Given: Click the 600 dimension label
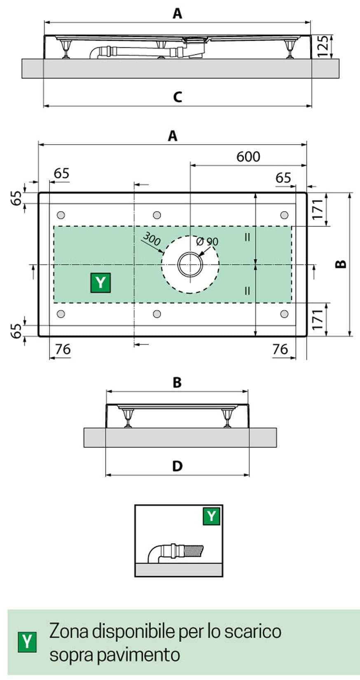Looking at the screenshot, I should (x=248, y=157).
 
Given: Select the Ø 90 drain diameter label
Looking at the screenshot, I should (x=207, y=241).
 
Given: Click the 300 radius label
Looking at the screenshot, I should (x=151, y=239).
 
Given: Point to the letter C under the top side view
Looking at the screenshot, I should (x=177, y=97).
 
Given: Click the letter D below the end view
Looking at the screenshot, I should (x=177, y=466).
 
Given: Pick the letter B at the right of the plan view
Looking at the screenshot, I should (x=341, y=264).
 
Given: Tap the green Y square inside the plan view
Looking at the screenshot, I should (x=101, y=283).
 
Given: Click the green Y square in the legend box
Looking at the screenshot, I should (x=27, y=642).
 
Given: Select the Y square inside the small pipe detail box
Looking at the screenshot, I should (x=211, y=516).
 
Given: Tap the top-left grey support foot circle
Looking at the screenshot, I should (x=61, y=215).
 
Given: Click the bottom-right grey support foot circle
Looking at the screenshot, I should (x=284, y=314).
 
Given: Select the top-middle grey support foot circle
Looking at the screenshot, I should (x=157, y=215).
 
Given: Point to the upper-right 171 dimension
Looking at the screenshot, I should (x=317, y=209).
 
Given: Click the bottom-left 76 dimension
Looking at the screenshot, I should (x=63, y=349).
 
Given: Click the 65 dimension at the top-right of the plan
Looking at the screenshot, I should (x=283, y=178).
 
